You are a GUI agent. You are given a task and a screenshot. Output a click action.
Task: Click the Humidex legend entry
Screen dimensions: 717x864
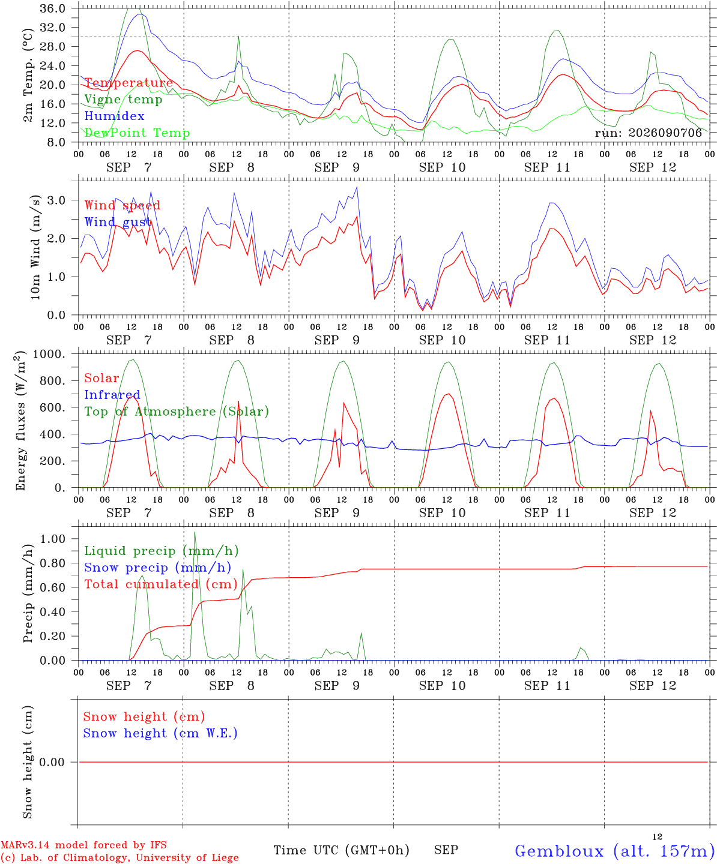(x=114, y=116)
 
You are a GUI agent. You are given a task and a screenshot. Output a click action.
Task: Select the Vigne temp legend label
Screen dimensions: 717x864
(x=123, y=100)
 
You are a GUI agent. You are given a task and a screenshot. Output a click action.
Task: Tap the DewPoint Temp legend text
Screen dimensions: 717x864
(x=137, y=133)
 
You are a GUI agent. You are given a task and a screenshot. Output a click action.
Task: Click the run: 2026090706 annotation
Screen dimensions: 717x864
(x=648, y=133)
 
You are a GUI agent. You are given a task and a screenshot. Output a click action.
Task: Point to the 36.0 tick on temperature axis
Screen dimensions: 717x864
(x=53, y=8)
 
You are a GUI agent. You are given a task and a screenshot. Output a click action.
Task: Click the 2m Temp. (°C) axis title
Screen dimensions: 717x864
(x=28, y=75)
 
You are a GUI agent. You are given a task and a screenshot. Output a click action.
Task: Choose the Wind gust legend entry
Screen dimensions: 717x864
(x=118, y=222)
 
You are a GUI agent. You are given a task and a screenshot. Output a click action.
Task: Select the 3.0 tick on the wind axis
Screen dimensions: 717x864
(x=56, y=200)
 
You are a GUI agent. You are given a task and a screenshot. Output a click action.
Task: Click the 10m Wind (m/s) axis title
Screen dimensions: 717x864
(x=35, y=247)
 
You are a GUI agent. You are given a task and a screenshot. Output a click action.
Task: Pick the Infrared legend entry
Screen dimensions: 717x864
(x=112, y=395)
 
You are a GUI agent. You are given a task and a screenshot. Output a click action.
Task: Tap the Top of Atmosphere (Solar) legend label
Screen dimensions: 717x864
(x=177, y=412)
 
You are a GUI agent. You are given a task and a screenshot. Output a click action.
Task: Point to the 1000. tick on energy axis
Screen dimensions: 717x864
(x=49, y=354)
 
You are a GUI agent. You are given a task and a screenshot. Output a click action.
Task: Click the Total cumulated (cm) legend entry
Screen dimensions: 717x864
(x=161, y=584)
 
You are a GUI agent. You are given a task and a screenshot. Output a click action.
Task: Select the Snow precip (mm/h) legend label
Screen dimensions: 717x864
(x=158, y=568)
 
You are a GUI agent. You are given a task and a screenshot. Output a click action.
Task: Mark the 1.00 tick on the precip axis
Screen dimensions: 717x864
(x=53, y=539)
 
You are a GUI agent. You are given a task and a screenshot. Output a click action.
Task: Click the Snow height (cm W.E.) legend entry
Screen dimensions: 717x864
(x=160, y=733)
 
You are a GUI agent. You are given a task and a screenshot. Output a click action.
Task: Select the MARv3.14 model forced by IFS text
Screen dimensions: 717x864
(x=83, y=845)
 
